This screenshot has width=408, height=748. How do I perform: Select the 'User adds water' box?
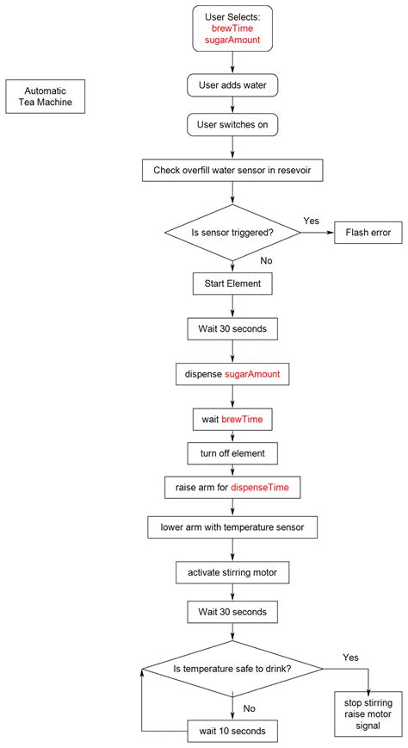point(232,86)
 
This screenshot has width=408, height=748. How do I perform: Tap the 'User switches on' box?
point(232,125)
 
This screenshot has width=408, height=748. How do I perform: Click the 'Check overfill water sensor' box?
point(232,171)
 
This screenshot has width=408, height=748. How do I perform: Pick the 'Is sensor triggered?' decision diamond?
point(232,232)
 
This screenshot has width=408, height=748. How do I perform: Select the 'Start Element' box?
point(232,282)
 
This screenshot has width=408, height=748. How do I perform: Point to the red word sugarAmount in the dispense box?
point(257,374)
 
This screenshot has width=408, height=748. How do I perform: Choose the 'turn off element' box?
point(232,452)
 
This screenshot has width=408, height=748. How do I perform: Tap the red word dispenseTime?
point(266,488)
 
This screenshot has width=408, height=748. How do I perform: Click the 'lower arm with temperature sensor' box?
point(232,526)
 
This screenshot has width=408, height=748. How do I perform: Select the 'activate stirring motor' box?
point(232,571)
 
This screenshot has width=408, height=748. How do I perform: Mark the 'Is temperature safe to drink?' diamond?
point(232,669)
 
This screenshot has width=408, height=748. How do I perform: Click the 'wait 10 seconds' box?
point(232,731)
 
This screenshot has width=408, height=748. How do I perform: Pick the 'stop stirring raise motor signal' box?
point(368,714)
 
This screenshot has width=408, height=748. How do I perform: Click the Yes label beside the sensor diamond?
point(311,221)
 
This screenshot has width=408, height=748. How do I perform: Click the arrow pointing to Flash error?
point(318,232)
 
